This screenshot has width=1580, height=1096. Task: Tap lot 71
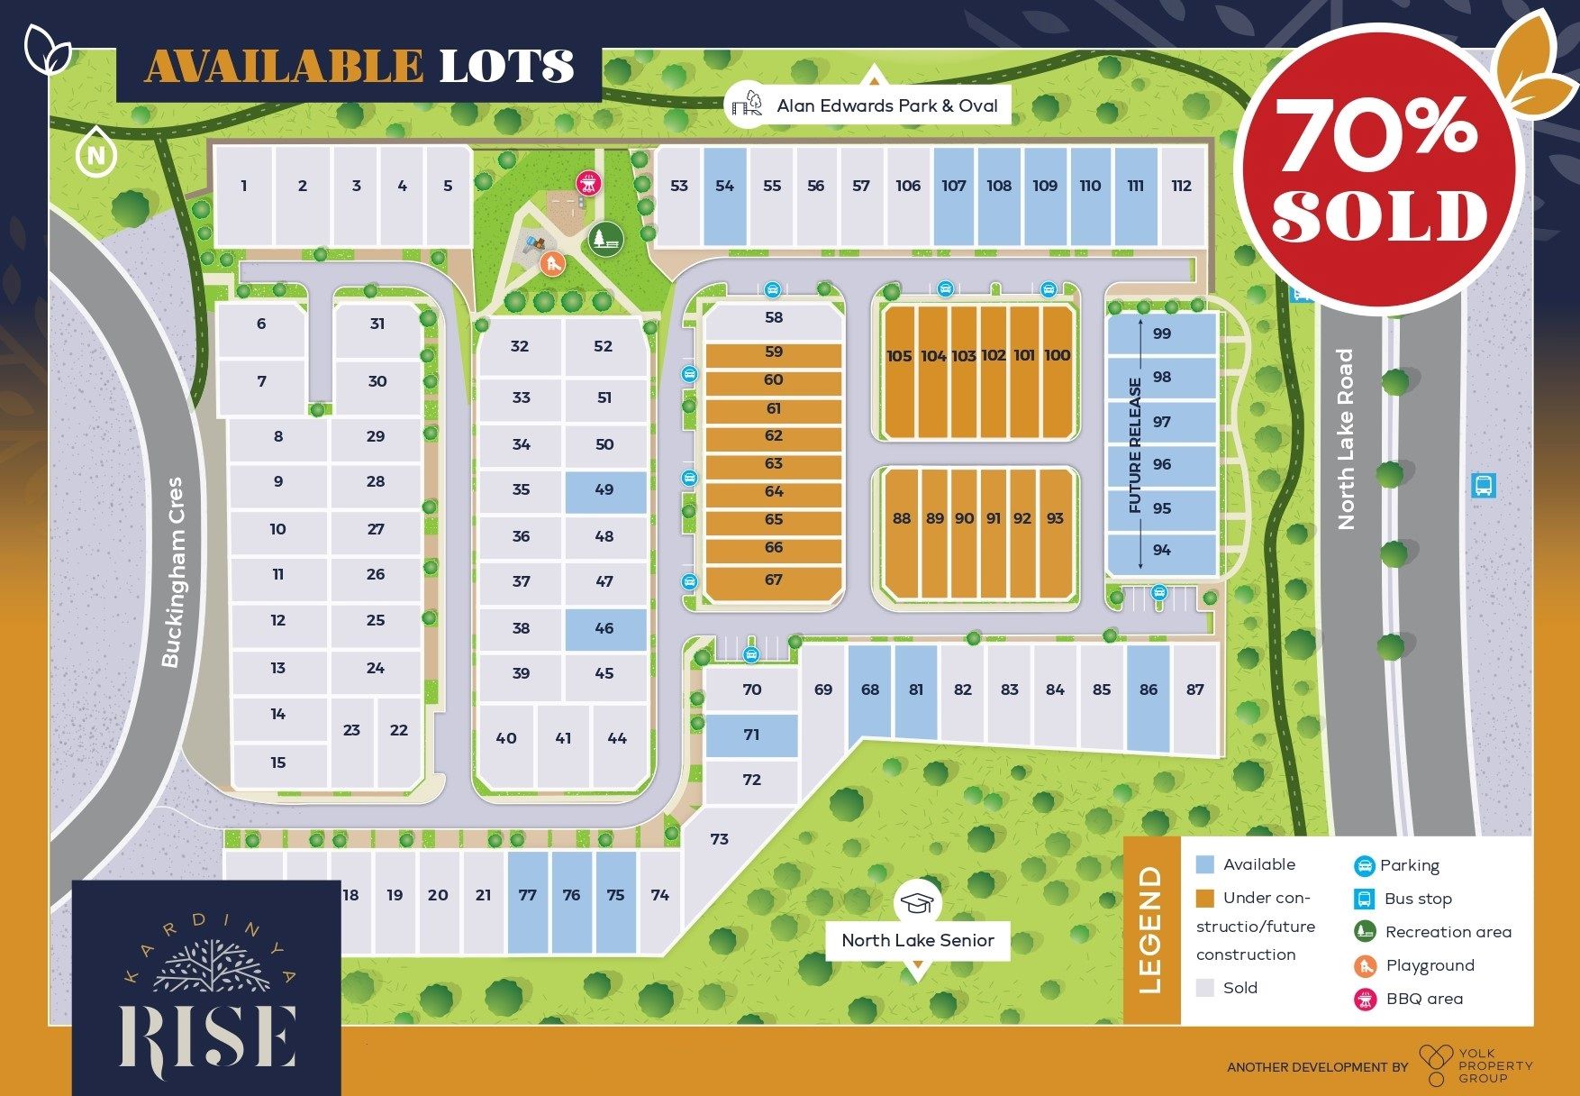pos(751,735)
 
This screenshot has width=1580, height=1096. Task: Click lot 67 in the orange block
pos(773,580)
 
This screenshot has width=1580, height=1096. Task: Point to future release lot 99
pos(1162,333)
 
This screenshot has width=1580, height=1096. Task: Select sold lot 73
pos(719,839)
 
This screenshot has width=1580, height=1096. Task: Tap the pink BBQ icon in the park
pos(587,184)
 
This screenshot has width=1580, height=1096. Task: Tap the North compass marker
pos(95,156)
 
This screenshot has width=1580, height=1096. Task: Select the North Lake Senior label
pos(917,940)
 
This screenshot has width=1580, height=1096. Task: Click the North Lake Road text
pos(1346,439)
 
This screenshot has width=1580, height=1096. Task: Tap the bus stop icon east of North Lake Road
pos(1483,485)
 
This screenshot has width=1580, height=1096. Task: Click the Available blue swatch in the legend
pos(1204,864)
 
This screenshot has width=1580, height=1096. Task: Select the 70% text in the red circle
pos(1375,134)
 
